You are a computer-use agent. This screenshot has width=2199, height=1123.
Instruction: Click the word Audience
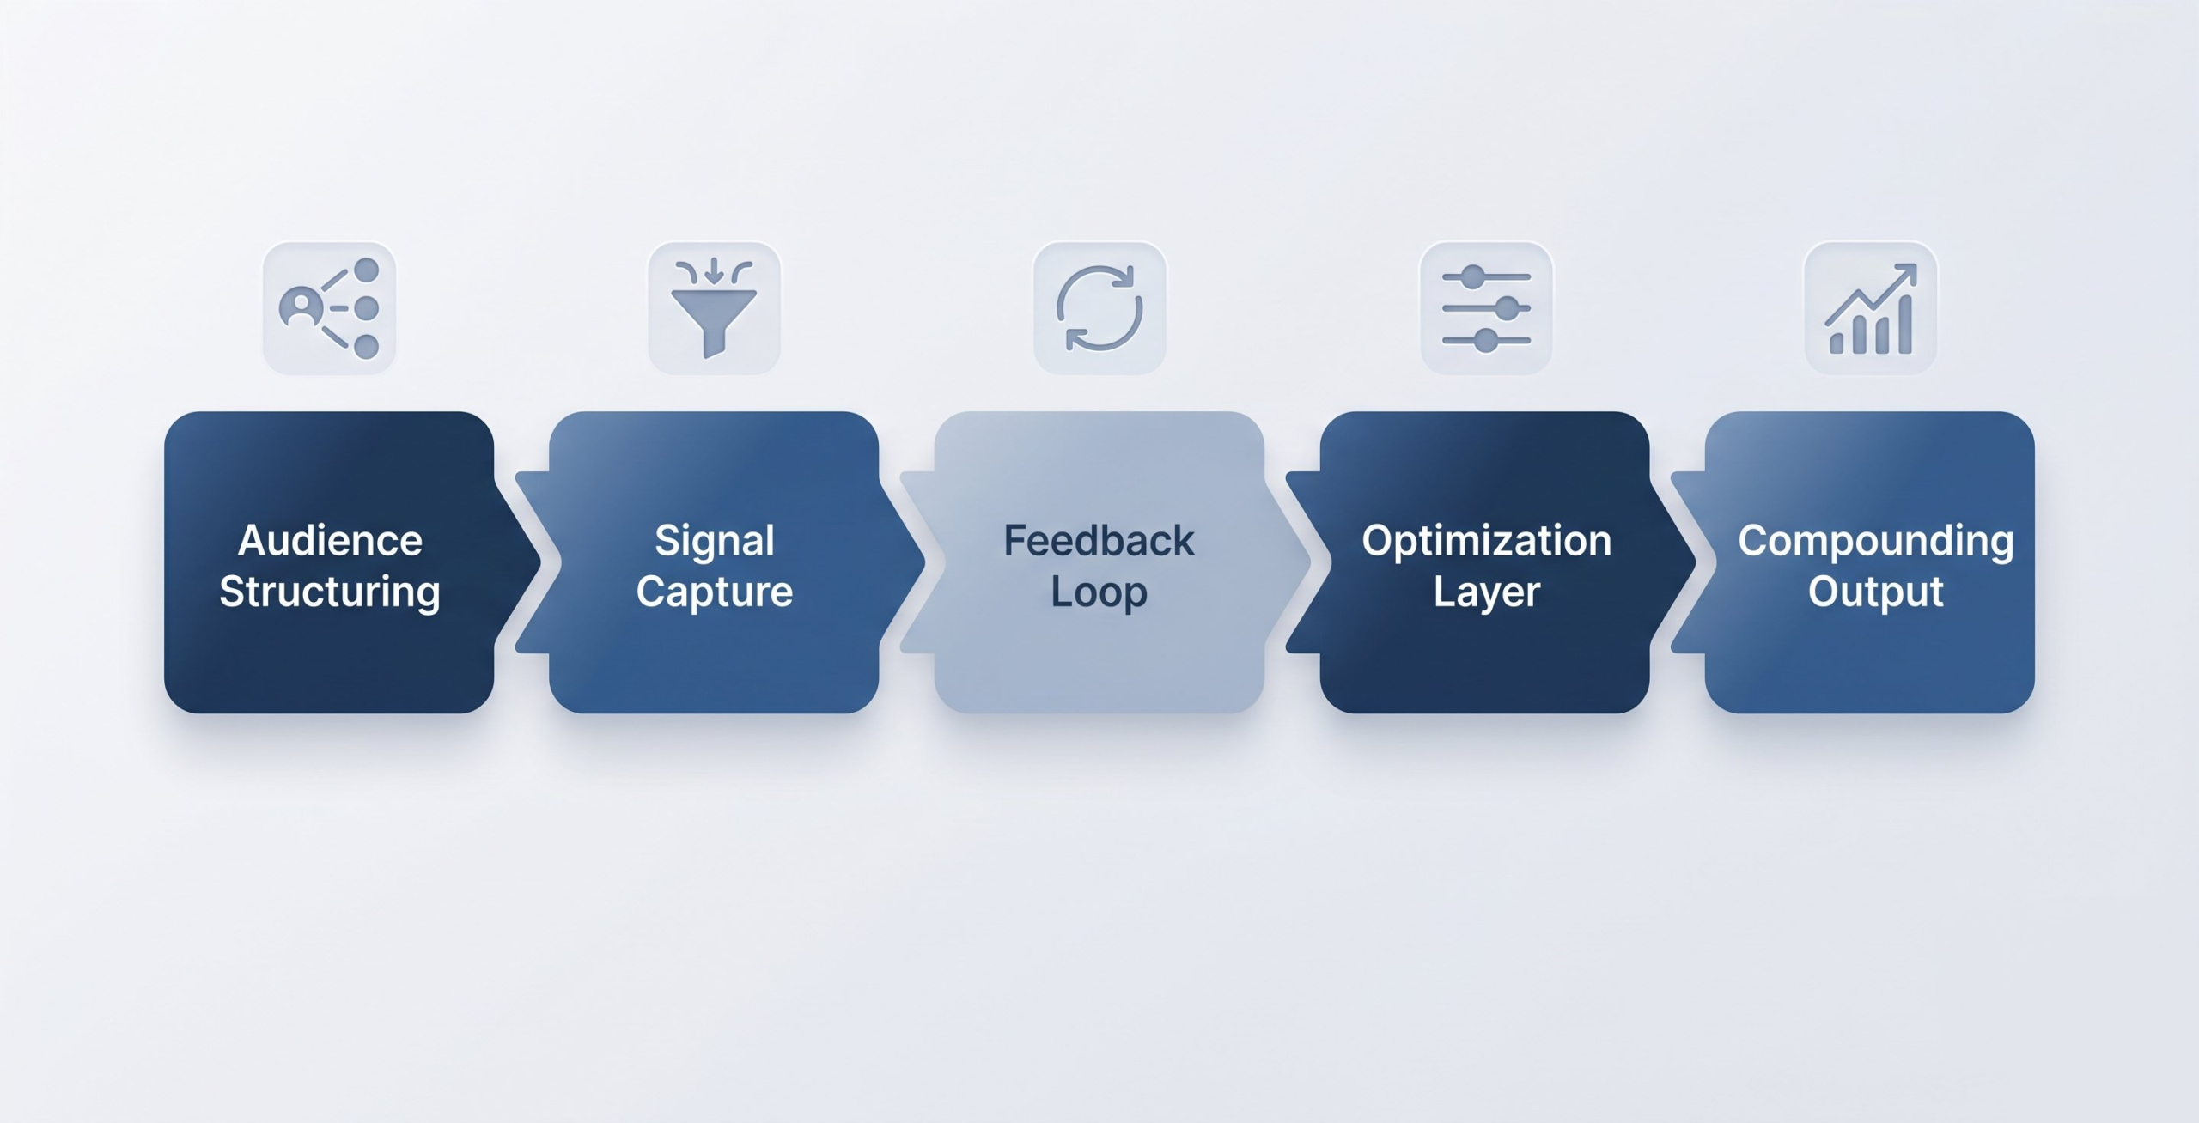330,540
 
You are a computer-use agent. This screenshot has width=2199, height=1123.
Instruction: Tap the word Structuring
330,592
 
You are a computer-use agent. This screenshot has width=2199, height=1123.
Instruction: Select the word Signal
715,542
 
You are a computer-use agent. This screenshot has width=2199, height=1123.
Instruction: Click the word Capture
715,592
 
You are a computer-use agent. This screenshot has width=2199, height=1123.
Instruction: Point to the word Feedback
1099,540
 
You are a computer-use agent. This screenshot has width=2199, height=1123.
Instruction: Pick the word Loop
1099,592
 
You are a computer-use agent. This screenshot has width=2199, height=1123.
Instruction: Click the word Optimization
1487,542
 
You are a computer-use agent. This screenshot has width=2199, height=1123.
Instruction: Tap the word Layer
1487,592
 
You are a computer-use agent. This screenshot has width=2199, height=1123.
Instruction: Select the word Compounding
1876,542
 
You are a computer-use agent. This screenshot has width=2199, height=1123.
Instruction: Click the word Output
1876,592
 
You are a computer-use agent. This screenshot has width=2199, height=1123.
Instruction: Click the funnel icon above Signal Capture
714,308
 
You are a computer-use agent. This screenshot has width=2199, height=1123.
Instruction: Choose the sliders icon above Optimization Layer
1486,308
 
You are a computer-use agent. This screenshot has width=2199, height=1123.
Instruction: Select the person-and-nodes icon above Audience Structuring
329,308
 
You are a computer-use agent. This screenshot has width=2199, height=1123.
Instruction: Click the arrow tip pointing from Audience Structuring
541,562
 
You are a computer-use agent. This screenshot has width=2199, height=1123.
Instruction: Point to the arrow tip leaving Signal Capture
926,562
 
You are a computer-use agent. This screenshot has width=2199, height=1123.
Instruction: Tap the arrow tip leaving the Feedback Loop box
1311,562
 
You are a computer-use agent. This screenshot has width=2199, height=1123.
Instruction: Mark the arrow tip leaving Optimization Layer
1696,562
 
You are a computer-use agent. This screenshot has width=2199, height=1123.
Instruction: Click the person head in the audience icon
301,303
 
